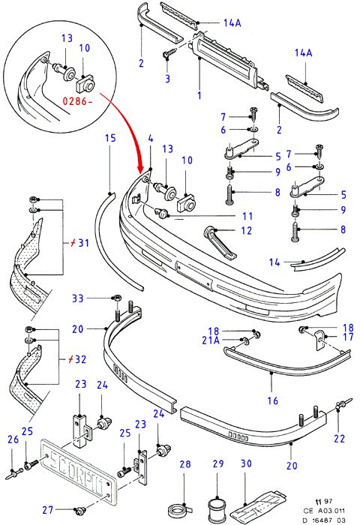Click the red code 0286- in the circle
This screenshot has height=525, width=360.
pos(77,100)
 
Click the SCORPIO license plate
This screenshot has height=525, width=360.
pos(78,472)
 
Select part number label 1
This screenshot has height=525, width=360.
pos(199,95)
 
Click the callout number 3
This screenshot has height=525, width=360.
pos(167,79)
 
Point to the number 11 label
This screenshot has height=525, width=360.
pos(247,216)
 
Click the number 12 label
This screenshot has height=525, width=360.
pos(246,230)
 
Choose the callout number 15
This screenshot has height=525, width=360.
pos(110,138)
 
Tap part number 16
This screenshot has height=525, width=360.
pos(273,400)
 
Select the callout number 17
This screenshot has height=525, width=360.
pos(348,337)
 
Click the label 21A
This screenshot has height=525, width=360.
pos(211,340)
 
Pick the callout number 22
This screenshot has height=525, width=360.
pos(339,438)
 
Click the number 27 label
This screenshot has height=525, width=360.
pos(48,509)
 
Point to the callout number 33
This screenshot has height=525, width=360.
pos(78,298)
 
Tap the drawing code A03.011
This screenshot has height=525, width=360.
pos(331,511)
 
